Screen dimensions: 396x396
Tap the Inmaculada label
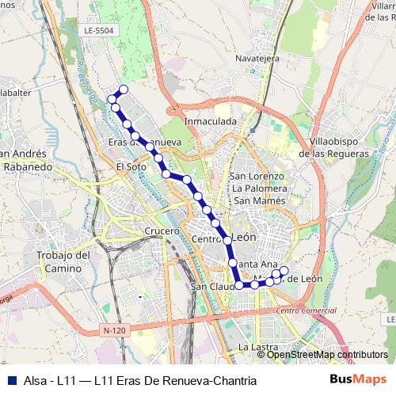coord(211,121)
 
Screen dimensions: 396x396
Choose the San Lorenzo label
coord(256,176)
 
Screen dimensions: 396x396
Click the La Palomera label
coord(258,188)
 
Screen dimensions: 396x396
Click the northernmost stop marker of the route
coord(123,89)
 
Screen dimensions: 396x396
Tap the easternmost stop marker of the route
coord(284,272)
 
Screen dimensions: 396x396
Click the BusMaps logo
coord(359,379)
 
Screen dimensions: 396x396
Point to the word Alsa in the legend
coord(33,381)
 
